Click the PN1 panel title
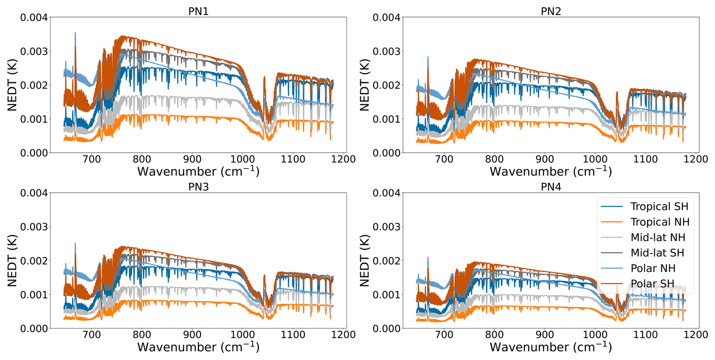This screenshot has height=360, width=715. [x=198, y=11]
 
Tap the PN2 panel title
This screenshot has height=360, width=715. [x=551, y=11]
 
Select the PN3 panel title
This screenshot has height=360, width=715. [x=198, y=187]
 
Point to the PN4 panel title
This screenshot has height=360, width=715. [x=551, y=187]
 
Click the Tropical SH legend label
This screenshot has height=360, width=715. [x=659, y=206]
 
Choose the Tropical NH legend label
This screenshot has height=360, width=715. [x=660, y=222]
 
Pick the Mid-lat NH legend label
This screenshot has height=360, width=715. [x=658, y=237]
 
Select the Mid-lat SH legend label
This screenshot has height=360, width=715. [x=657, y=253]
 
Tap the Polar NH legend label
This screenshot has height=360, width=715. [x=653, y=268]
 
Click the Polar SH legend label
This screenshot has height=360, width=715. [x=652, y=284]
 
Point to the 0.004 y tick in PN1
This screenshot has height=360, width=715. [x=34, y=18]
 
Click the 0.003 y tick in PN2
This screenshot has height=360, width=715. [x=386, y=51]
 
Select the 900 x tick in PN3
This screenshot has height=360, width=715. [x=192, y=335]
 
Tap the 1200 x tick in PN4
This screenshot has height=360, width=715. [x=696, y=335]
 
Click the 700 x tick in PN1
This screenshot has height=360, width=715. [x=91, y=160]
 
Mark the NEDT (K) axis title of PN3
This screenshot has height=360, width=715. [x=12, y=261]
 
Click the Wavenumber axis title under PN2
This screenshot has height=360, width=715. [x=551, y=172]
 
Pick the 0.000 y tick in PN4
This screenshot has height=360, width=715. [x=386, y=329]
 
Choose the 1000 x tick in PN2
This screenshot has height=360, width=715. [x=595, y=160]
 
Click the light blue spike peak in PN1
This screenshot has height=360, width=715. [x=75, y=33]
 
